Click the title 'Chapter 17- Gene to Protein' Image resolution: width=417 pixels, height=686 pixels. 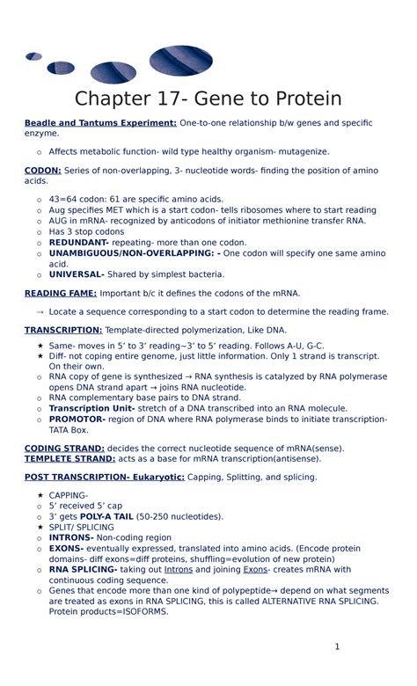pyautogui.click(x=208, y=99)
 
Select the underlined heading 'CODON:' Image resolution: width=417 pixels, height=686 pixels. pyautogui.click(x=42, y=169)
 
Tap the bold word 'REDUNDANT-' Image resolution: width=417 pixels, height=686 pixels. pyautogui.click(x=79, y=242)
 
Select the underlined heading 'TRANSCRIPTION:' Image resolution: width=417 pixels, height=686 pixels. pyautogui.click(x=63, y=330)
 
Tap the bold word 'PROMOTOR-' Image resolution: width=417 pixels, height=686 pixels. pyautogui.click(x=77, y=420)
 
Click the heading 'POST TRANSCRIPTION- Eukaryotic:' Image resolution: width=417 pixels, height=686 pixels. pyautogui.click(x=105, y=478)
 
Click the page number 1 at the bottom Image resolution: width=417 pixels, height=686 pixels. pyautogui.click(x=336, y=648)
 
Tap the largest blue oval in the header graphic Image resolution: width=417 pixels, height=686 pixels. pyautogui.click(x=180, y=60)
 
